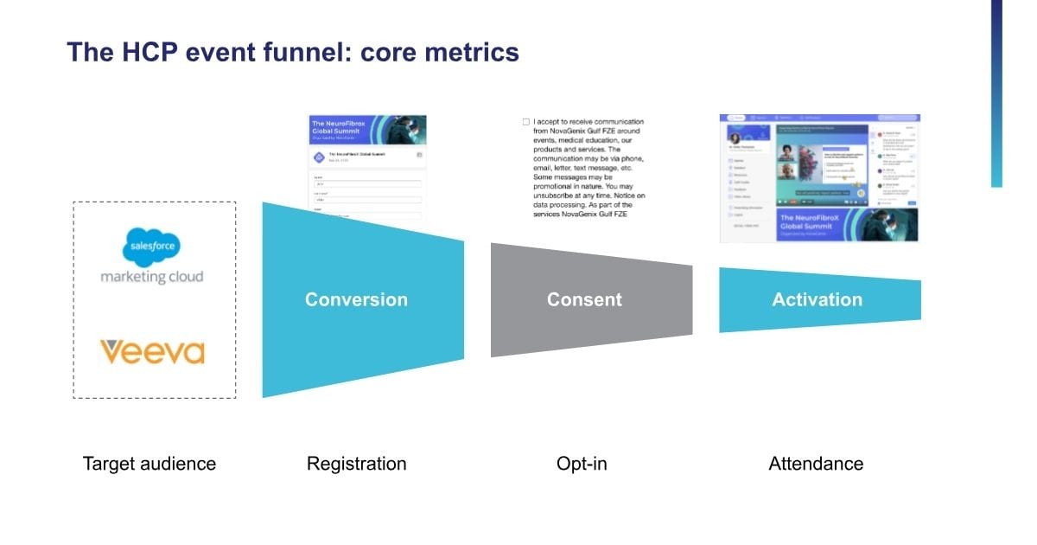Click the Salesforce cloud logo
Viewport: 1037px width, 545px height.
(152, 247)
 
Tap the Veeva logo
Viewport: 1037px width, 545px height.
(152, 352)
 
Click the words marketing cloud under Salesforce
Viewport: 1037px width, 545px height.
(152, 277)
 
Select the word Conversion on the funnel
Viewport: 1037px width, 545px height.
(356, 300)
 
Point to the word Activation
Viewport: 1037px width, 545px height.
(817, 300)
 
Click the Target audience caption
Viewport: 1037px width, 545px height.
(150, 464)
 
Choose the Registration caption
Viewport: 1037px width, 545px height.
(356, 464)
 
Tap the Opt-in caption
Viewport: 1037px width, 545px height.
(582, 464)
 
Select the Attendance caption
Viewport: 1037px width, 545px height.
(816, 464)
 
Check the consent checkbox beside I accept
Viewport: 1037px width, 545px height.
(526, 122)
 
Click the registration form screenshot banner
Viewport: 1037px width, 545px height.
(367, 130)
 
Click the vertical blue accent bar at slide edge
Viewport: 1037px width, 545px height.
(996, 93)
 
